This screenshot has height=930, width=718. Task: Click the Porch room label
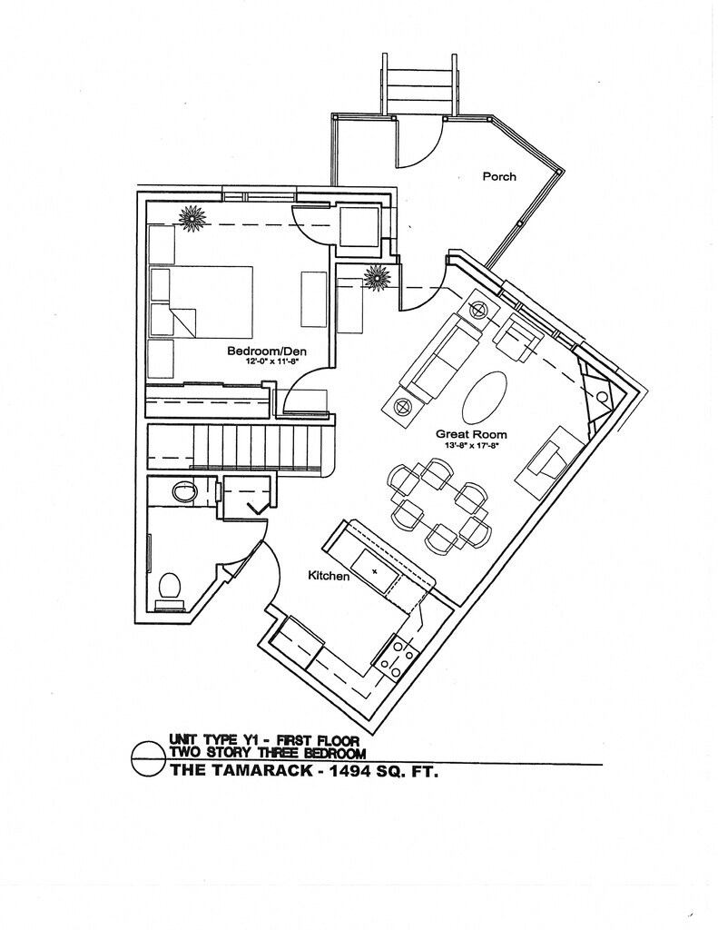pos(498,176)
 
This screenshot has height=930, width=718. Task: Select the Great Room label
pos(471,434)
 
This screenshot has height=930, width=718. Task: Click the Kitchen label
pos(329,575)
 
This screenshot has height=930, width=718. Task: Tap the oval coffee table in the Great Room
pos(484,396)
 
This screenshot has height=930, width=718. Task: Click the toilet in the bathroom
pos(170,587)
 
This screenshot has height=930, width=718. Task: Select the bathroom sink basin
pos(186,491)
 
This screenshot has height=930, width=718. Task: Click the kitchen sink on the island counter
pos(376,570)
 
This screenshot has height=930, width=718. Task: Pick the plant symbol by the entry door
pos(377,277)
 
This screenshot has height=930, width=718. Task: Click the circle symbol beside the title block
pos(148,758)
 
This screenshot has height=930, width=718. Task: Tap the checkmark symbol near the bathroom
pos(256,506)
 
